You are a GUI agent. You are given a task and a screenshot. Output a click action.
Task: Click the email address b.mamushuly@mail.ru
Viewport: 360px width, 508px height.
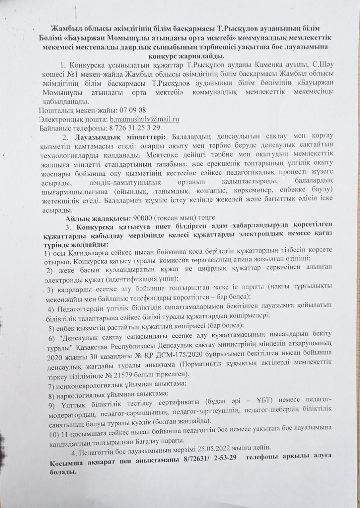144,119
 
